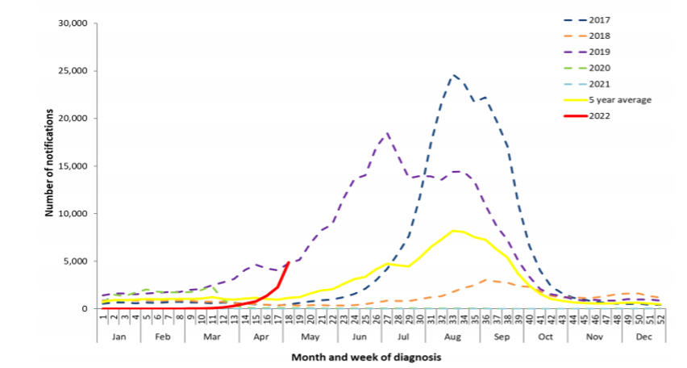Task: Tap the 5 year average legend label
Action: click(x=619, y=99)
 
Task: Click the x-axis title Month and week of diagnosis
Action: click(x=366, y=356)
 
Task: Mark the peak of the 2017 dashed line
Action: click(x=454, y=75)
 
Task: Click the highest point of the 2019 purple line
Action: click(x=388, y=134)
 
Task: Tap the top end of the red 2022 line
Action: click(x=289, y=262)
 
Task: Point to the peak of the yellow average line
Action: click(x=456, y=231)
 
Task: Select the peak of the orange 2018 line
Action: click(x=485, y=280)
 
